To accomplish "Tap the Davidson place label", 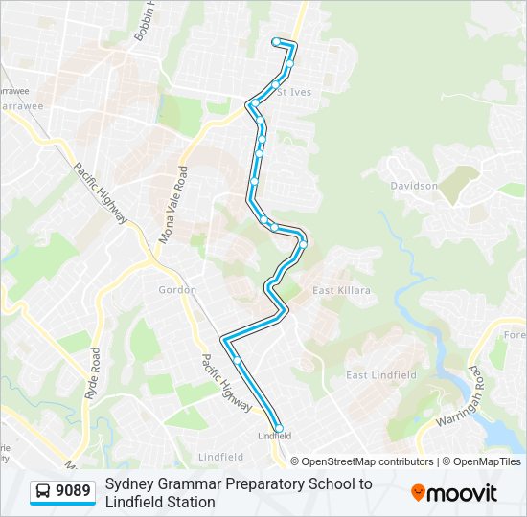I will click(415, 186).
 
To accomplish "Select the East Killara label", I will click(341, 290).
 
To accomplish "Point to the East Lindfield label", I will click(380, 375).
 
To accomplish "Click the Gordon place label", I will click(177, 289).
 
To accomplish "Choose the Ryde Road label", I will click(93, 373).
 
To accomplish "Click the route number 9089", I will click(74, 492).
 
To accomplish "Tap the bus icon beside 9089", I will click(44, 492).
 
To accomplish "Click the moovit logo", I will click(454, 492).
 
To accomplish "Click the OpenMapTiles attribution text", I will click(483, 461).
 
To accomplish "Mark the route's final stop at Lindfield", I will click(279, 428).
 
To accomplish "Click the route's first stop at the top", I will click(276, 41).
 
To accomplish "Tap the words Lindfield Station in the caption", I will click(160, 502).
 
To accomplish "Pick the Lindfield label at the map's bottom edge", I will click(219, 457).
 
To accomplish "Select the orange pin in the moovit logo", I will click(419, 492).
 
